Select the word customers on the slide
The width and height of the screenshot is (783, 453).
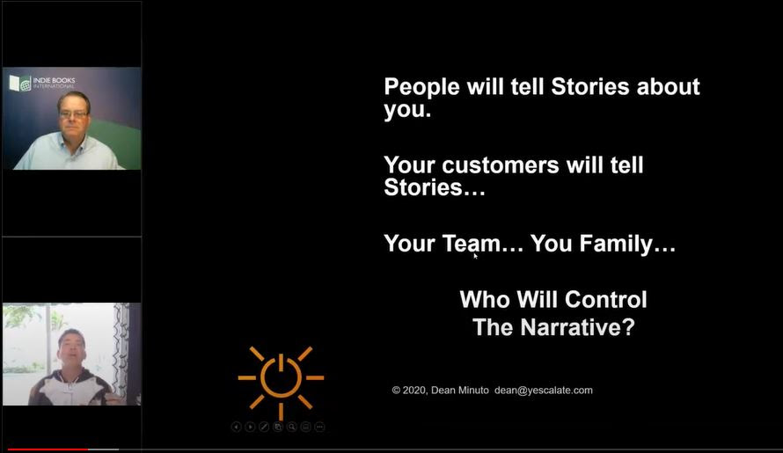coord(501,165)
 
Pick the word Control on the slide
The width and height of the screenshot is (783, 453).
coord(606,300)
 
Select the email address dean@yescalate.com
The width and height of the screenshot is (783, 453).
coord(544,391)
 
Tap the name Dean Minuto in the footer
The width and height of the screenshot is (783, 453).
coord(459,391)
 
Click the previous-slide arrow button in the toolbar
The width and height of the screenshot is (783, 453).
coord(236,427)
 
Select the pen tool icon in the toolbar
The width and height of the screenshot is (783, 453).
coord(264,427)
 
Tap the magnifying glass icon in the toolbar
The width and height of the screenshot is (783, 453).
coord(292,427)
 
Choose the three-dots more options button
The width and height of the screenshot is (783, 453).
coord(319,427)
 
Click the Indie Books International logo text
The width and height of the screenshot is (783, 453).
coord(54,83)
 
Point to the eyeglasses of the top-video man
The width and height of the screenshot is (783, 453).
coord(73,115)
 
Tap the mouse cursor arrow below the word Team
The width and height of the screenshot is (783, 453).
coord(475,256)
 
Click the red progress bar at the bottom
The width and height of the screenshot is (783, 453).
coord(48,449)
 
